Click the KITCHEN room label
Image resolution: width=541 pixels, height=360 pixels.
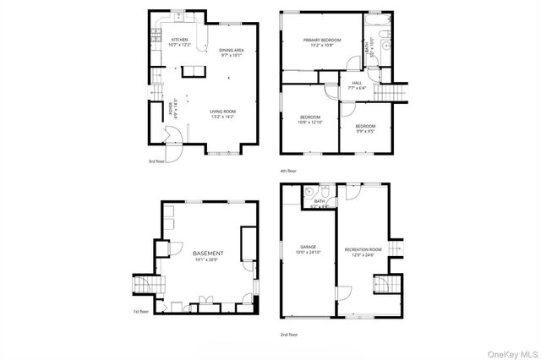point(180,40)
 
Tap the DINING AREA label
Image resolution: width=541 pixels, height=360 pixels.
point(232,51)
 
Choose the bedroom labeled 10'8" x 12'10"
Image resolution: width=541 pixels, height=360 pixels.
point(310,117)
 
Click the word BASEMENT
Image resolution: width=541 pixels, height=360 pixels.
point(208,254)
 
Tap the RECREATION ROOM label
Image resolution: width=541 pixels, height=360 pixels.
point(363,250)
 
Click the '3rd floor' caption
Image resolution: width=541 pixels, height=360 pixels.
point(156,161)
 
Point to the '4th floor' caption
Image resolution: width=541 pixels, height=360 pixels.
point(287,171)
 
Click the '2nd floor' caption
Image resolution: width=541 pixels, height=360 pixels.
point(289,335)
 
